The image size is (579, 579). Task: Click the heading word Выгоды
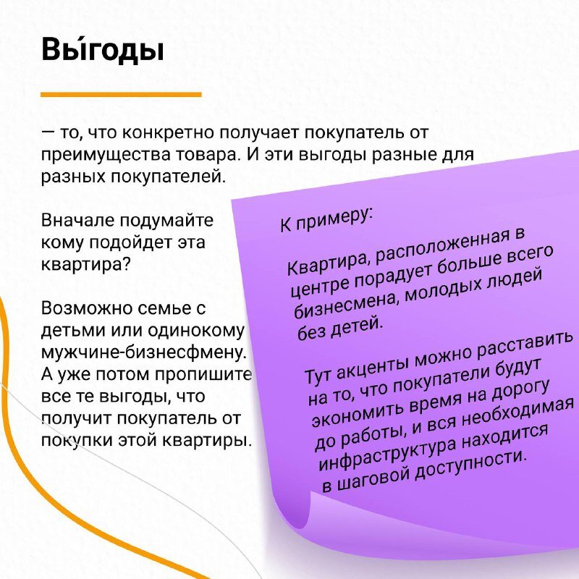(x=102, y=49)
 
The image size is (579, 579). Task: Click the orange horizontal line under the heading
(x=121, y=95)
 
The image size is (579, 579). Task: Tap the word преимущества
(x=105, y=155)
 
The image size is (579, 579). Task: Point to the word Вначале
(x=78, y=221)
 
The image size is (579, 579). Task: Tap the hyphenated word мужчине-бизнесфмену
(x=143, y=353)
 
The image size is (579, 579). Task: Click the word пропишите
(x=203, y=375)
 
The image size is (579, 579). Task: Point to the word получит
(x=76, y=419)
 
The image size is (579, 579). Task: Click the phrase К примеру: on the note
(x=326, y=221)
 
